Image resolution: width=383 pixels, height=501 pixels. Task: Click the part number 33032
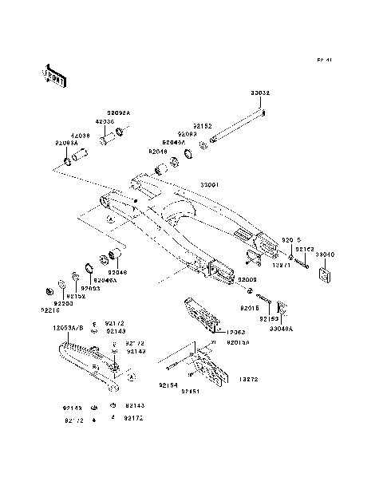pos(260,93)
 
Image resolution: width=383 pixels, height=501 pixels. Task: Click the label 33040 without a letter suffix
pos(326,254)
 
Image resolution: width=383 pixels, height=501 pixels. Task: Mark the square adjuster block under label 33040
pos(325,275)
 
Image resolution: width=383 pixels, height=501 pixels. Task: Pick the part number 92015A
pos(237,341)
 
